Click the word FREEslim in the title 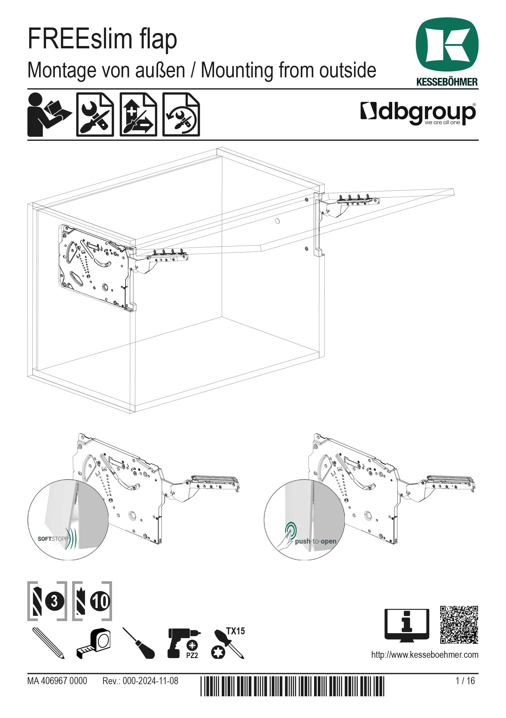(x=80, y=39)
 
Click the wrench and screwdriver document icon (x=95, y=114)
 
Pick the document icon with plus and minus (x=138, y=114)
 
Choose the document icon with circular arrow (x=181, y=114)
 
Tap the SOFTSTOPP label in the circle (x=52, y=539)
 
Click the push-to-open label (x=315, y=541)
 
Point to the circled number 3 (x=55, y=601)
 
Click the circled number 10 (x=100, y=601)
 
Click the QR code (x=459, y=624)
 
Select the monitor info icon (x=406, y=625)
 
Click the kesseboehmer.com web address (x=424, y=655)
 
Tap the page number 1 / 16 (x=465, y=680)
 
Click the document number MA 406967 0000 (x=57, y=680)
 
